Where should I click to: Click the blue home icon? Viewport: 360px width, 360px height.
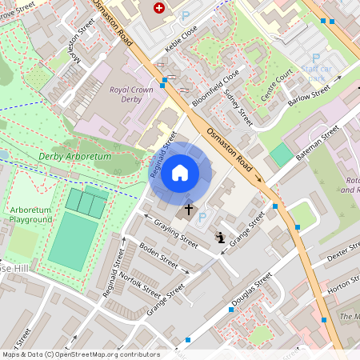coord(180,173)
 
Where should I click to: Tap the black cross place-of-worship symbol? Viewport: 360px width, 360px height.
coord(189,210)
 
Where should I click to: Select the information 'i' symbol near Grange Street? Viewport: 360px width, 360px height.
coord(220,237)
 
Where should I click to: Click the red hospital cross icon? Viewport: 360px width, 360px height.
coord(158,7)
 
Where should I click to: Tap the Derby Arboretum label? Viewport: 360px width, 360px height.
coord(74,157)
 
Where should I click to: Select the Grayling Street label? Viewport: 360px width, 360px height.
coord(175,233)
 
